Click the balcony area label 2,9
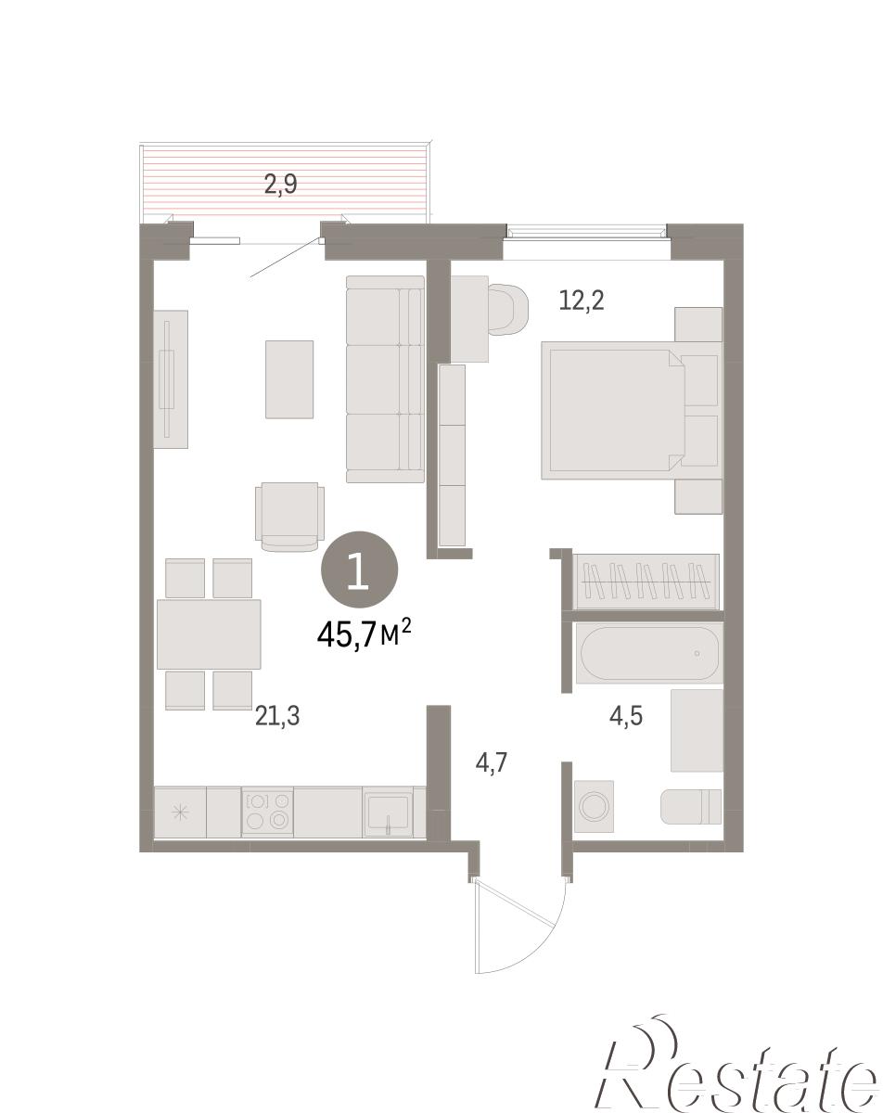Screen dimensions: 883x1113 (280, 185)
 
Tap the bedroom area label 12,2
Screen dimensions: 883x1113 (581, 300)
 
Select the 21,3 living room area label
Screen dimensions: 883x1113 (277, 716)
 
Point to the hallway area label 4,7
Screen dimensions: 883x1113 (491, 762)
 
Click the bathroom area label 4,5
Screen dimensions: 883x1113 (626, 716)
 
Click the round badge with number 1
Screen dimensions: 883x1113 (360, 569)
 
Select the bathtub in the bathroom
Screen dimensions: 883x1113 (649, 653)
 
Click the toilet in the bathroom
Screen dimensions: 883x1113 (691, 806)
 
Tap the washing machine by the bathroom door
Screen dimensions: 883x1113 (594, 806)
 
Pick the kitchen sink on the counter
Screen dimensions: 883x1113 (388, 811)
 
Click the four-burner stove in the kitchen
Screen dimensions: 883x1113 (267, 811)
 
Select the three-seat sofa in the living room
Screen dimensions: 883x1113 (385, 379)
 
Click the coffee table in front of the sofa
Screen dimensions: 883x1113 (289, 379)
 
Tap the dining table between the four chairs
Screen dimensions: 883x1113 (209, 634)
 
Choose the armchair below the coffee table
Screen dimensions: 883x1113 (289, 517)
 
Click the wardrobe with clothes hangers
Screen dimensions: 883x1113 (646, 582)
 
